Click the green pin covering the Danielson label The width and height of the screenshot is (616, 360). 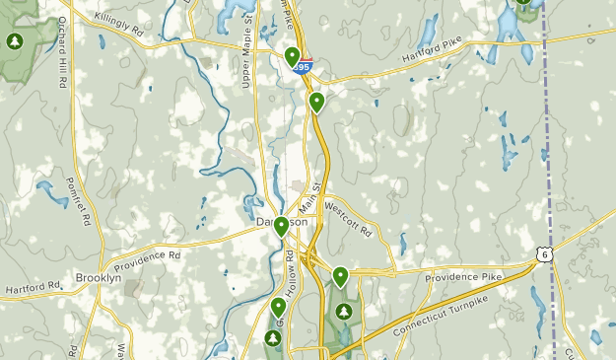[x=281, y=227]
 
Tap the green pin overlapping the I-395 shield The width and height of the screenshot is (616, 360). [x=293, y=57]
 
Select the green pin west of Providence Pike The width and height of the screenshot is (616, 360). [x=340, y=276]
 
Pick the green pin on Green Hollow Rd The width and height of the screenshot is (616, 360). [x=278, y=308]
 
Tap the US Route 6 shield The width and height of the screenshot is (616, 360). [x=544, y=254]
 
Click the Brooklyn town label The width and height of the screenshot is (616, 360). [x=99, y=278]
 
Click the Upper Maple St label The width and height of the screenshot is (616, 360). [x=247, y=59]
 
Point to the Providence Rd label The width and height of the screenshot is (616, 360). [x=148, y=260]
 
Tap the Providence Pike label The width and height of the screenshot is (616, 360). [x=463, y=278]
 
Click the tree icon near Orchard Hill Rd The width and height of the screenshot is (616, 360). [x=14, y=41]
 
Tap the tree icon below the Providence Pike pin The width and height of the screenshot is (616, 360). [x=344, y=313]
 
